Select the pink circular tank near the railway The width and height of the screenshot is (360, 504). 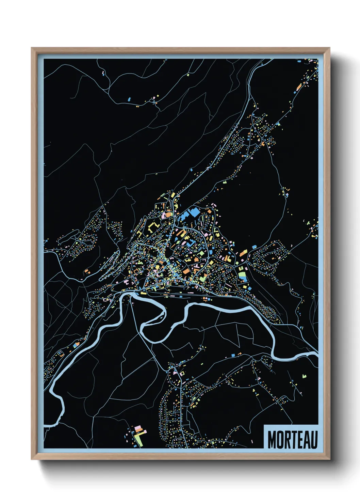pyautogui.click(x=208, y=299)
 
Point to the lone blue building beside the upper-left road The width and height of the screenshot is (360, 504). pyautogui.click(x=129, y=99)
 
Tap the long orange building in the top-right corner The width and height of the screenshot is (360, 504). pyautogui.click(x=299, y=87)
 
